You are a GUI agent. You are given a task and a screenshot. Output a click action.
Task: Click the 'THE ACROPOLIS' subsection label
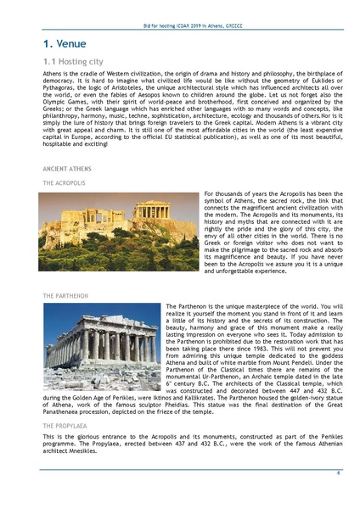coord(64,182)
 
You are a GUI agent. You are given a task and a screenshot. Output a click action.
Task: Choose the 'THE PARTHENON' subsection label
coord(65,295)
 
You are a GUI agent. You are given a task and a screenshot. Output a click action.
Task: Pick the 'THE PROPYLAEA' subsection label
coord(65,425)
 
